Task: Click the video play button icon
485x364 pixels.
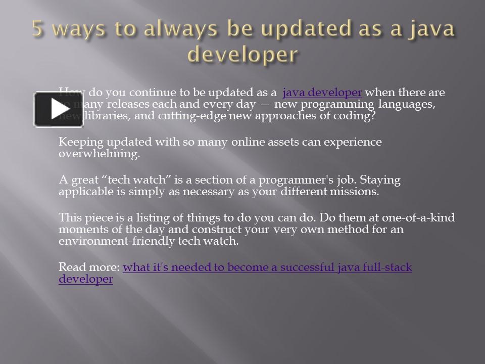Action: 59,109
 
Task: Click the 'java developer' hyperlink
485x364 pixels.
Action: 322,93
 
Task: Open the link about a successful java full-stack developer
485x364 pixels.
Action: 267,267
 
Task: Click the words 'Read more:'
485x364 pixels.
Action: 89,267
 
